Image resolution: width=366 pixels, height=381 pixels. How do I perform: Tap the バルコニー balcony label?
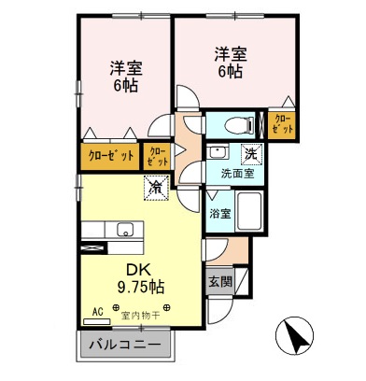[124, 345]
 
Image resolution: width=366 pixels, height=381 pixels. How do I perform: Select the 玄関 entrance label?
[220, 279]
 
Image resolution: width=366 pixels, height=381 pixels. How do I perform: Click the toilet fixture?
[231, 123]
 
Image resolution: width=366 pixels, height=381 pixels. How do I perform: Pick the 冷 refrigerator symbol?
[153, 189]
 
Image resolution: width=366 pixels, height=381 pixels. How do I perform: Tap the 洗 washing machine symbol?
[251, 153]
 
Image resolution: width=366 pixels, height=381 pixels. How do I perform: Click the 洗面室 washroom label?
[237, 174]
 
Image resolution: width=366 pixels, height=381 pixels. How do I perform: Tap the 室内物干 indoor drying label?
[140, 314]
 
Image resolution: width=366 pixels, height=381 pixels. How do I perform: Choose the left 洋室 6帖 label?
[125, 76]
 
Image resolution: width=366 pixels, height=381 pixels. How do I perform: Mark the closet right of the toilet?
[281, 123]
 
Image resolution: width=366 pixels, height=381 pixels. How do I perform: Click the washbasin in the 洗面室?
[218, 152]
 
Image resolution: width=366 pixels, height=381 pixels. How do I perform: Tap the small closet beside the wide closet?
[157, 155]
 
